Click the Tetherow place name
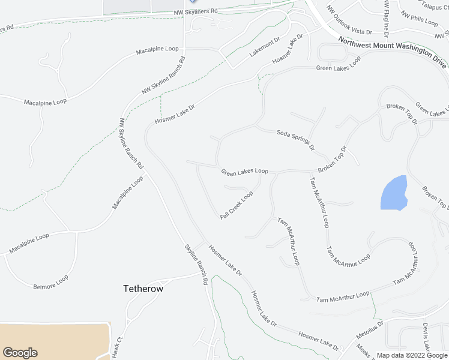[143, 289]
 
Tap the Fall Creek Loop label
[236, 205]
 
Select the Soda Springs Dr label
[295, 139]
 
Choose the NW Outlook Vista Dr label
[349, 20]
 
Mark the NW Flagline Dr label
[386, 17]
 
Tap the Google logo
[20, 353]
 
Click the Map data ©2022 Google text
[412, 355]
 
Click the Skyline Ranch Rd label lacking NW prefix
[196, 263]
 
